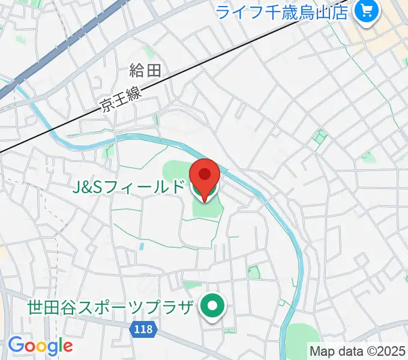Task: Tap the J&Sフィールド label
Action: pyautogui.click(x=128, y=188)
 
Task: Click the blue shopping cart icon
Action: pyautogui.click(x=365, y=11)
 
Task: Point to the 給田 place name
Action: pyautogui.click(x=145, y=71)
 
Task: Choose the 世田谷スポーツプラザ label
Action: pyautogui.click(x=111, y=307)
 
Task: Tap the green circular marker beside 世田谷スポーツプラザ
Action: pyautogui.click(x=212, y=307)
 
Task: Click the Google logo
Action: pyautogui.click(x=40, y=346)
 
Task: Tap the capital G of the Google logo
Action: pyautogui.click(x=15, y=345)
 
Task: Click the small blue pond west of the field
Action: pyautogui.click(x=141, y=246)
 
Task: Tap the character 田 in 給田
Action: pyautogui.click(x=154, y=71)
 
